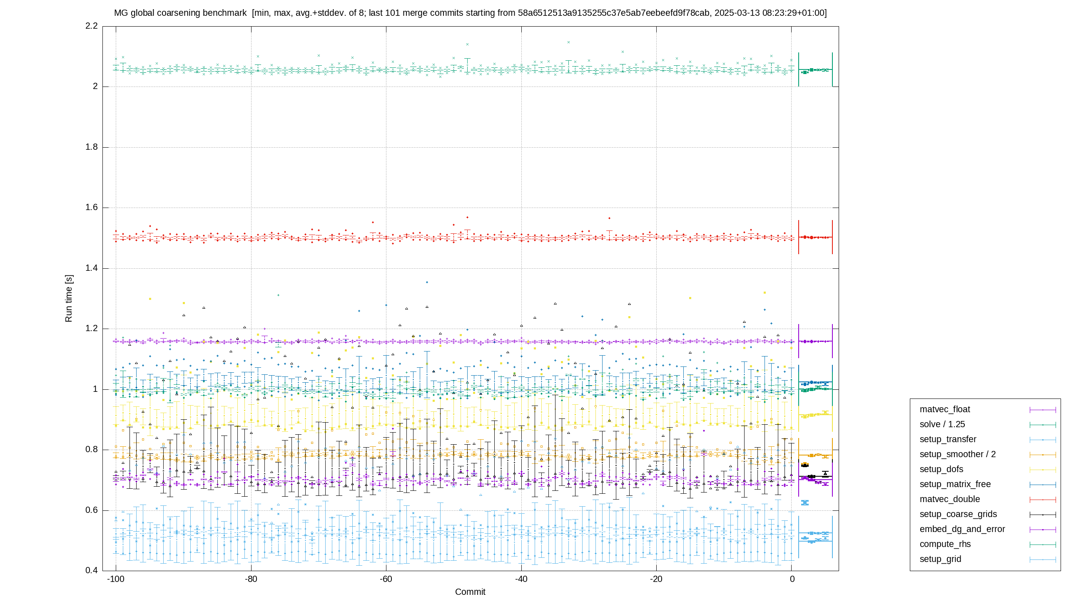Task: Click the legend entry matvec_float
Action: pyautogui.click(x=944, y=409)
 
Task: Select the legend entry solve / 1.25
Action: pyautogui.click(x=942, y=424)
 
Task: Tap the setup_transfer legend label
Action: pyautogui.click(x=948, y=439)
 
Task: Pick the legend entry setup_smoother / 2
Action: pyautogui.click(x=957, y=454)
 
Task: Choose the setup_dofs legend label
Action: pyautogui.click(x=941, y=469)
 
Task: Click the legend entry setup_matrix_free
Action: pyautogui.click(x=955, y=484)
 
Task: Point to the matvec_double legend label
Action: pyautogui.click(x=949, y=499)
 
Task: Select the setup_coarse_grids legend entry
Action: pyautogui.click(x=958, y=514)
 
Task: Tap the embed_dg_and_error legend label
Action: pyautogui.click(x=962, y=529)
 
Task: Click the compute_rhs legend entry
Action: pyautogui.click(x=945, y=544)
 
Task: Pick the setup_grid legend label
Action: pyautogui.click(x=940, y=559)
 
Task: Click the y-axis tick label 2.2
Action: pyautogui.click(x=91, y=26)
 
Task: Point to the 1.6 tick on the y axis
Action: pyautogui.click(x=91, y=208)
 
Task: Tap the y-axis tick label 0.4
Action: pyautogui.click(x=91, y=570)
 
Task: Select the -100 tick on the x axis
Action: pyautogui.click(x=116, y=579)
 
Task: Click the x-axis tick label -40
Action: pyautogui.click(x=521, y=579)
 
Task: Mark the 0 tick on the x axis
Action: pyautogui.click(x=792, y=579)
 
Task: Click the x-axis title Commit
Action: pyautogui.click(x=470, y=592)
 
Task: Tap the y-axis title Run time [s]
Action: pyautogui.click(x=69, y=298)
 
